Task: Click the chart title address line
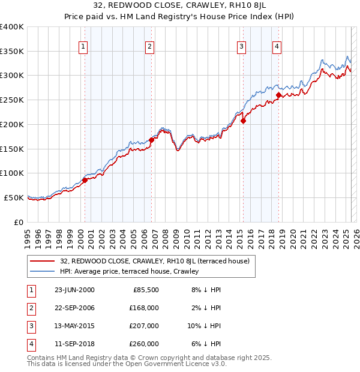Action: click(x=179, y=6)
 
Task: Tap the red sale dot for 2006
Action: click(x=151, y=140)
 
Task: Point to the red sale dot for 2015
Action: click(x=243, y=121)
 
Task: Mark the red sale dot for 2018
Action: click(x=278, y=95)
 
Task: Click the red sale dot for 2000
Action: click(x=85, y=180)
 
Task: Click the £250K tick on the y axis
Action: click(x=12, y=100)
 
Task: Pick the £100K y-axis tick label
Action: click(x=12, y=173)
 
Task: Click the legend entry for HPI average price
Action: click(x=129, y=271)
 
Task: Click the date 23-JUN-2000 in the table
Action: click(x=74, y=289)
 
